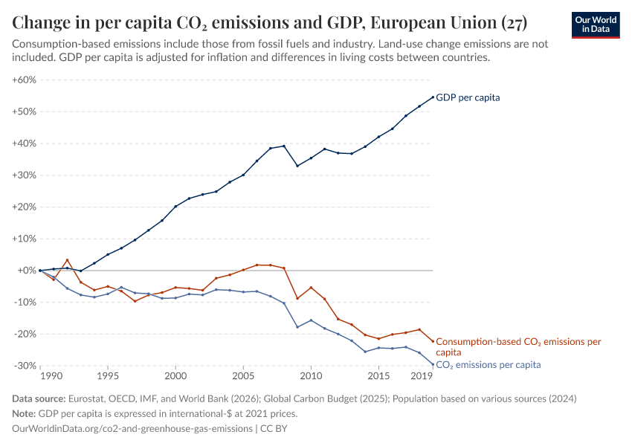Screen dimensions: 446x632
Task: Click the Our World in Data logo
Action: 595,24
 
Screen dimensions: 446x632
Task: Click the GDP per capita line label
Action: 468,97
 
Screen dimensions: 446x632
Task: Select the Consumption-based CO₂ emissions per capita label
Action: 517,346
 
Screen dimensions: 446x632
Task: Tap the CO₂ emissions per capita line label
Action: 488,365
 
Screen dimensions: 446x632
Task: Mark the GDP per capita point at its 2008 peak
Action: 284,146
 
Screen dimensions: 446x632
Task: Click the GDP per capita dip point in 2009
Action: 297,166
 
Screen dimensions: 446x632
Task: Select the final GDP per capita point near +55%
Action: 433,97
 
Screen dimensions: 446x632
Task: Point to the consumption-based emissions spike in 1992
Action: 67,260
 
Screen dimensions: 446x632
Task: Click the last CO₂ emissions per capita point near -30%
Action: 433,364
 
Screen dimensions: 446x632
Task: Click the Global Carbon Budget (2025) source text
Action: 318,399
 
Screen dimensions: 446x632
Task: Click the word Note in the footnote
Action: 25,413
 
